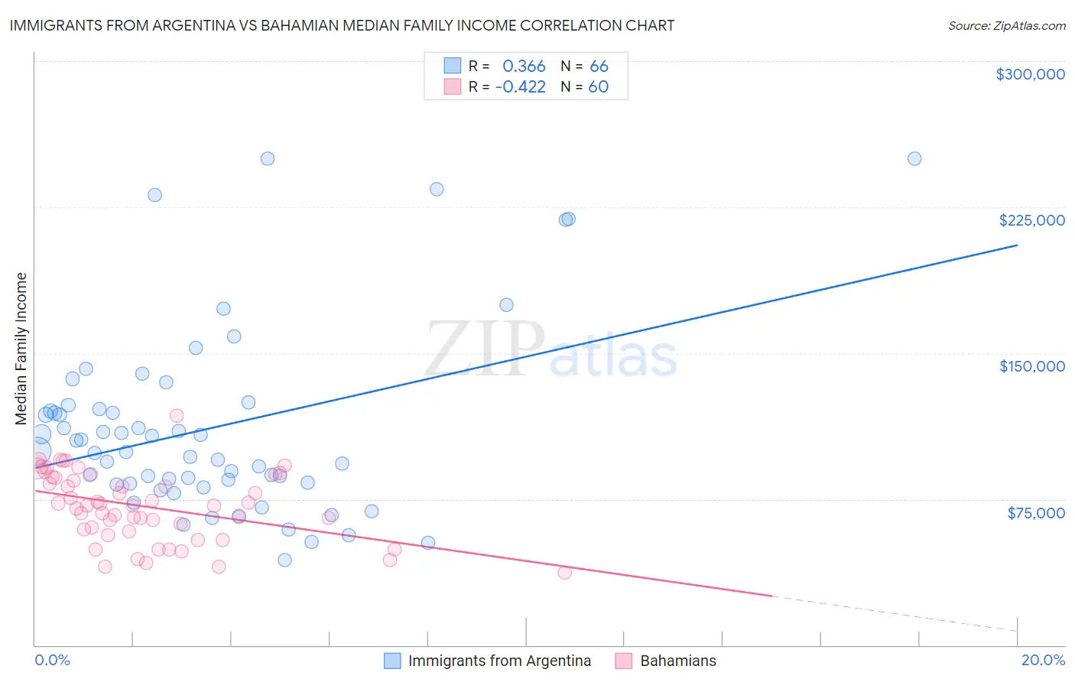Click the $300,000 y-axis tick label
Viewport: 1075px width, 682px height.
(x=1030, y=74)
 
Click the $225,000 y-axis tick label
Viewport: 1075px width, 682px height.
(x=1031, y=220)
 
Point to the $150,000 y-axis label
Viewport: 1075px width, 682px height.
(x=1031, y=366)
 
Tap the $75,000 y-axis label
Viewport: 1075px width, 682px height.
(x=1036, y=513)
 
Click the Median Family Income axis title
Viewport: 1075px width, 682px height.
(x=21, y=349)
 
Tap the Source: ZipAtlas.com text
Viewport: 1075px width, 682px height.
(x=1006, y=26)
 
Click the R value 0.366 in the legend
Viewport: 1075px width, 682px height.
(x=524, y=67)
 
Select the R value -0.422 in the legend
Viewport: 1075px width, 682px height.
(x=521, y=87)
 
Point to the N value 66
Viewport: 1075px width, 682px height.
(x=599, y=67)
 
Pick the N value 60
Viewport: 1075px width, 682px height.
(x=598, y=87)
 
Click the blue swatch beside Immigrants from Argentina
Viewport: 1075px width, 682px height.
(x=392, y=661)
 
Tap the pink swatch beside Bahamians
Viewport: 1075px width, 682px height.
(x=624, y=661)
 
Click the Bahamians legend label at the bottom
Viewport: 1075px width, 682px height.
(x=678, y=661)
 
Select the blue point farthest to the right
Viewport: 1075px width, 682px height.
(x=914, y=159)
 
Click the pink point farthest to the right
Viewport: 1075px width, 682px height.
(x=565, y=573)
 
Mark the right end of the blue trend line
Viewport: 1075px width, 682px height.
(x=1017, y=245)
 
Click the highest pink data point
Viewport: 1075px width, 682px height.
(x=177, y=416)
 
